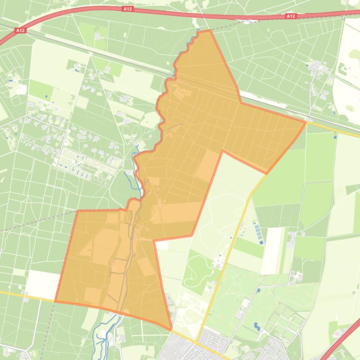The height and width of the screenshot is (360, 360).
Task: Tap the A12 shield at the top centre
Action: click(x=127, y=9)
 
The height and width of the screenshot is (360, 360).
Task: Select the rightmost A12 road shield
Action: click(x=290, y=16)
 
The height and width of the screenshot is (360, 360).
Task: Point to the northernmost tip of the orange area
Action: click(x=210, y=30)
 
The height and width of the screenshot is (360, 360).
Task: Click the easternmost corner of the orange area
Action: click(x=306, y=122)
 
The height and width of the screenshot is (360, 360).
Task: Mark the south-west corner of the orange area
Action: click(x=55, y=301)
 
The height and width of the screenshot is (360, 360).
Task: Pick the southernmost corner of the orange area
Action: click(x=171, y=330)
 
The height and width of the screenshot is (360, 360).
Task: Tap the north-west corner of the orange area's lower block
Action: click(x=76, y=211)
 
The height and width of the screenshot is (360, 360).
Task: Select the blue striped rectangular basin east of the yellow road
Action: click(x=258, y=233)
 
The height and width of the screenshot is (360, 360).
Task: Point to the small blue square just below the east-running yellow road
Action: click(x=335, y=137)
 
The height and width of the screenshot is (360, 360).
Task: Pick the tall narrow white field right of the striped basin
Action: click(x=273, y=250)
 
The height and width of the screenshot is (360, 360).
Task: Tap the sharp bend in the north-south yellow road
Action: click(x=248, y=197)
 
